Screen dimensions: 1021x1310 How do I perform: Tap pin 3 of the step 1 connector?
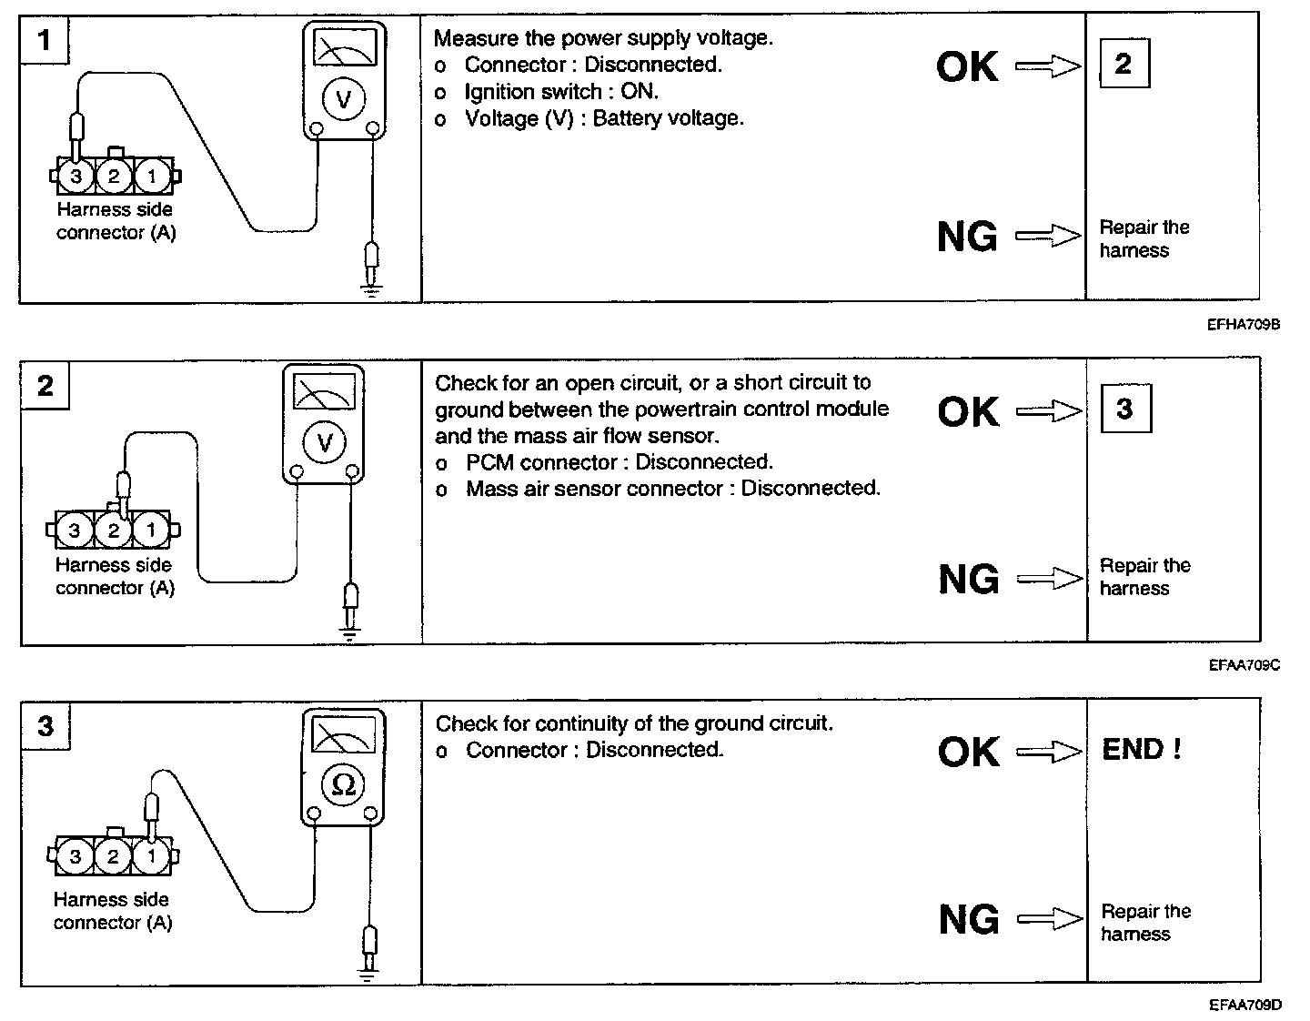76,177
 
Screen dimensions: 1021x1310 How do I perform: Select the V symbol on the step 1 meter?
343,99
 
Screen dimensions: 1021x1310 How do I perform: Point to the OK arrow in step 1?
1047,66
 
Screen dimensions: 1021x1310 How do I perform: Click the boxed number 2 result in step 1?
1124,64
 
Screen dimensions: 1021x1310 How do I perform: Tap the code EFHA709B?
1244,324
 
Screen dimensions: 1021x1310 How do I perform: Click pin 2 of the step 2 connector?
114,530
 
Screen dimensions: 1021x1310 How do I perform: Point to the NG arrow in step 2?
1049,579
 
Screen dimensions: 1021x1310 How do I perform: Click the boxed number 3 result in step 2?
1124,409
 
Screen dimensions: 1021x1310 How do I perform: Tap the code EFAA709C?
1244,665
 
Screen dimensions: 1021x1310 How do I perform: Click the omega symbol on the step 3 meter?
344,783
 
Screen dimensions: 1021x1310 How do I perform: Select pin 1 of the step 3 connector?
151,856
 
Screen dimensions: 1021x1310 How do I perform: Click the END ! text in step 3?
1142,750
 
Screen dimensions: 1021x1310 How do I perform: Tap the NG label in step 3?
968,919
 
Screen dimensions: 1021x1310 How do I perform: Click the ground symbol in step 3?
368,976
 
